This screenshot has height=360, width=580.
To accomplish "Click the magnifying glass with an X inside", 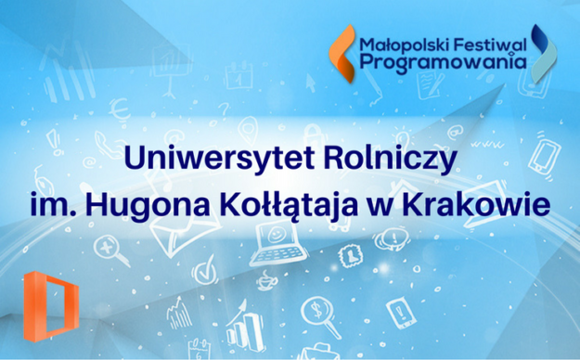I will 110,247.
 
